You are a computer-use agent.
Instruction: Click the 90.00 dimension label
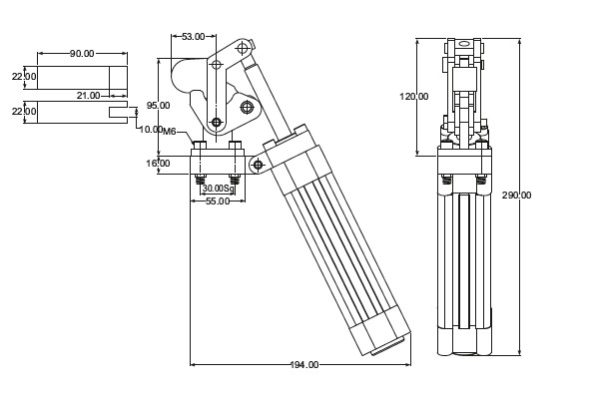point(82,53)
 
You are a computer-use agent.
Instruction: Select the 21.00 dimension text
point(89,95)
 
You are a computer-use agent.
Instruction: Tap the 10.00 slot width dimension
point(151,130)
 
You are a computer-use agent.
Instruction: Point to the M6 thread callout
point(170,131)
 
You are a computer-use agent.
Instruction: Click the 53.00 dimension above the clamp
point(194,37)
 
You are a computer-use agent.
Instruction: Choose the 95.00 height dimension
point(158,105)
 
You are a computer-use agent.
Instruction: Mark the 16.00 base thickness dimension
point(158,163)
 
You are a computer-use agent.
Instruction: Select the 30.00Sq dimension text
point(217,188)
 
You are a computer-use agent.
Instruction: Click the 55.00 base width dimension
point(218,201)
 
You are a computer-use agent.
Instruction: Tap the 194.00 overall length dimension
point(304,365)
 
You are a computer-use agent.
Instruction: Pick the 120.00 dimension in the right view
point(414,97)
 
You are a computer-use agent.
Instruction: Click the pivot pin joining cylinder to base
point(259,164)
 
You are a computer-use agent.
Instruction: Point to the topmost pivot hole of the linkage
point(241,47)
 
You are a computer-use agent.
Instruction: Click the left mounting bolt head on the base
point(199,148)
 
